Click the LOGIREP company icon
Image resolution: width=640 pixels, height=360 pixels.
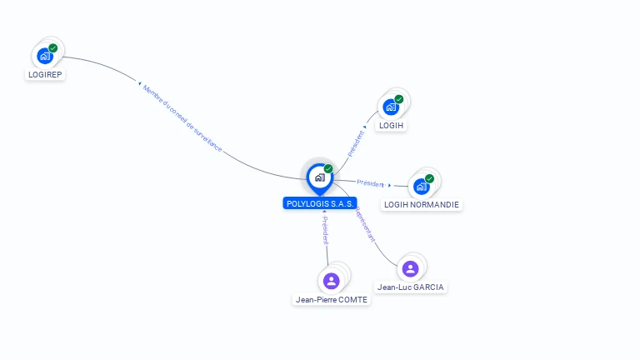click(44, 57)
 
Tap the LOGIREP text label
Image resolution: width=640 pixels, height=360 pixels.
click(45, 74)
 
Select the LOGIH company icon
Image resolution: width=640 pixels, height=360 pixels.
click(391, 107)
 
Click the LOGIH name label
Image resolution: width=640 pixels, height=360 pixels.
click(391, 125)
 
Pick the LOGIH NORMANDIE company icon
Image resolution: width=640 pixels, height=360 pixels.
click(422, 186)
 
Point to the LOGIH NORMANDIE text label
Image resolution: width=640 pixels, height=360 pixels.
click(422, 204)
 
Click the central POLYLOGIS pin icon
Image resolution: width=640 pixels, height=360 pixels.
click(319, 177)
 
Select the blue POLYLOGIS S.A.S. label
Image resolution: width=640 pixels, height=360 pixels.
click(320, 203)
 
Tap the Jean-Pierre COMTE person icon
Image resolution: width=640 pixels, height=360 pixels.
click(331, 280)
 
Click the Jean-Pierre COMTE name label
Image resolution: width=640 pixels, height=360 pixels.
click(331, 299)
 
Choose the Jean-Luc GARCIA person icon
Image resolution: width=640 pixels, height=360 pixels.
click(410, 268)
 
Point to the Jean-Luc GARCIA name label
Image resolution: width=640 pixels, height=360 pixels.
click(411, 287)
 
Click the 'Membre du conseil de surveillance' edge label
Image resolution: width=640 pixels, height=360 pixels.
click(182, 117)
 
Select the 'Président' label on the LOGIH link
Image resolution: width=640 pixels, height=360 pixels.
click(356, 142)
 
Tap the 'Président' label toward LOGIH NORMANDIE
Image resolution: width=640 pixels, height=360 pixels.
click(370, 182)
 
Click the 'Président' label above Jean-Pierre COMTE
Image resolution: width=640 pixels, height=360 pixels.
click(326, 230)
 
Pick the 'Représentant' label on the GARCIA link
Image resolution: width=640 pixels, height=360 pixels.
click(365, 225)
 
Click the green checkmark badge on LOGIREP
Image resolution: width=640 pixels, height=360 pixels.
click(53, 48)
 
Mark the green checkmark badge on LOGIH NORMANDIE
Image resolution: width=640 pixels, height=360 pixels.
click(430, 177)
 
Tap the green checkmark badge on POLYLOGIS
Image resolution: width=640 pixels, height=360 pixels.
click(328, 168)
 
